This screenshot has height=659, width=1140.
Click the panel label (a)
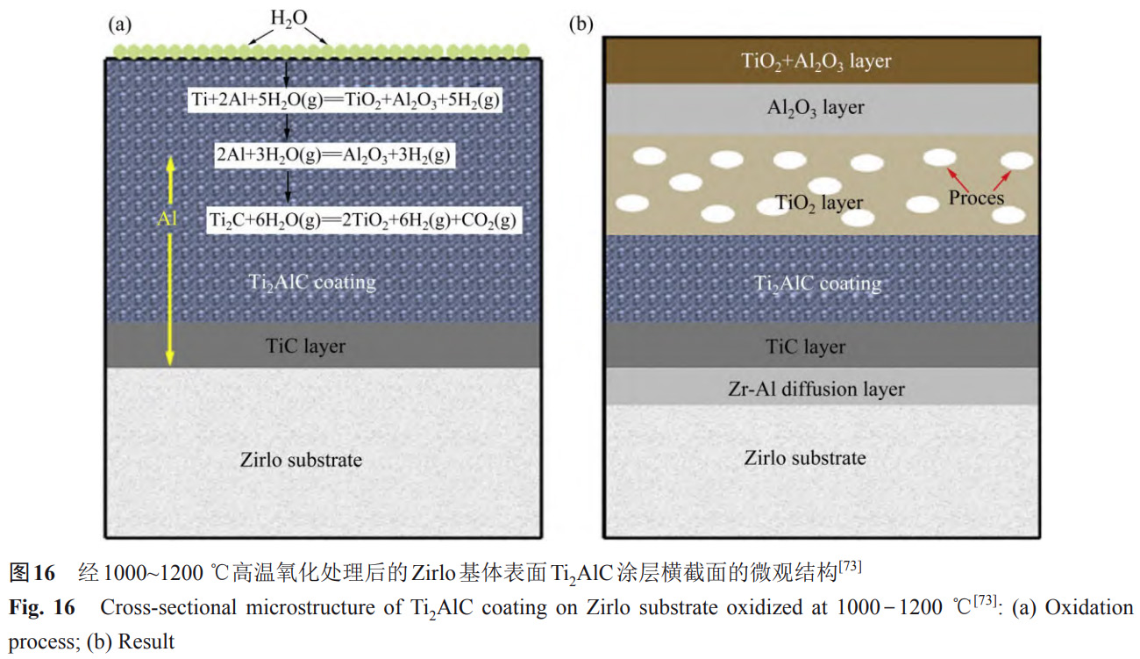click(x=120, y=25)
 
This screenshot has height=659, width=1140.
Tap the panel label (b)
click(x=581, y=25)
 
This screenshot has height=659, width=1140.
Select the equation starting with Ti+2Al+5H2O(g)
click(x=346, y=98)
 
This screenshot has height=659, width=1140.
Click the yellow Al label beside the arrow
click(x=167, y=219)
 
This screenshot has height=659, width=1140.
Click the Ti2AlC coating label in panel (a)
click(x=314, y=283)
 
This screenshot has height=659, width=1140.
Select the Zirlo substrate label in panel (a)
click(x=301, y=459)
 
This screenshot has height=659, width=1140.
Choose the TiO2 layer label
click(x=819, y=204)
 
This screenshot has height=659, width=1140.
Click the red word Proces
click(x=976, y=197)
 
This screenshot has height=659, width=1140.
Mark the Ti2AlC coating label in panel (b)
click(x=818, y=283)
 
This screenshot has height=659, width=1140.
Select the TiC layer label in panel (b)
click(x=806, y=347)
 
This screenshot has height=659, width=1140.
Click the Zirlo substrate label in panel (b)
click(x=805, y=457)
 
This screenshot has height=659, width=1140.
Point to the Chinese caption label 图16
click(x=32, y=574)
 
